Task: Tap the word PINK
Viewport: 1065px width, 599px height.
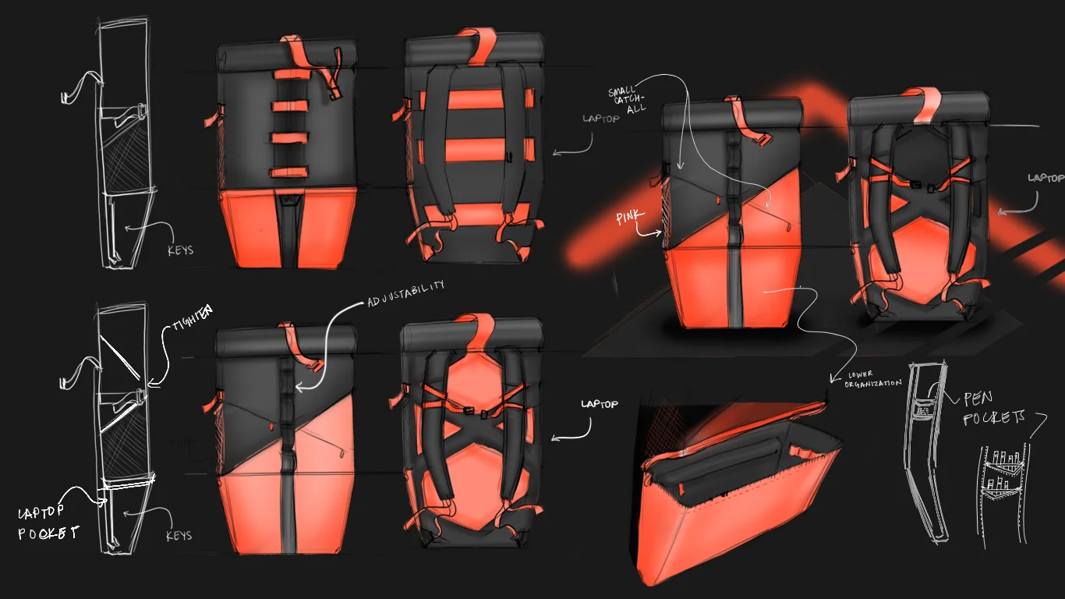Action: (x=626, y=218)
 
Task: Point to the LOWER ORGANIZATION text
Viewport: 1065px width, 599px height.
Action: (x=872, y=379)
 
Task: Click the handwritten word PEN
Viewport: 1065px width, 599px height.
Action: (x=978, y=399)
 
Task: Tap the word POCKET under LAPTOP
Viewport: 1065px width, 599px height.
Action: (x=48, y=533)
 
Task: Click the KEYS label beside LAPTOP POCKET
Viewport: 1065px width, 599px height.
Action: (x=179, y=537)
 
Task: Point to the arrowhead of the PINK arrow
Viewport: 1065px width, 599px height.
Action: (x=661, y=232)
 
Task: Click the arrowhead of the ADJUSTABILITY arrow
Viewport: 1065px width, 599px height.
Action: (x=300, y=386)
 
